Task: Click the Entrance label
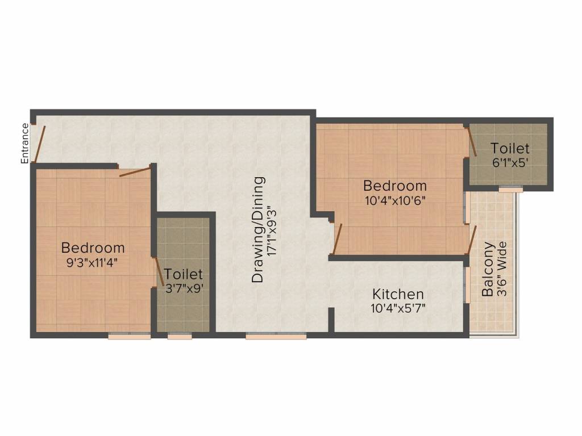pos(24,144)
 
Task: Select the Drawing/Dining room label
pos(258,229)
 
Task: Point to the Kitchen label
pos(398,294)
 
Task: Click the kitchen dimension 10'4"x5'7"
pos(398,308)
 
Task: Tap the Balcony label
pos(488,270)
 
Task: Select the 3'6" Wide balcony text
pos(501,270)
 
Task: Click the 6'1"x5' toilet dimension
pos(510,162)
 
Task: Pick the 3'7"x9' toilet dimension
pos(184,287)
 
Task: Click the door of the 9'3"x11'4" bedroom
pos(135,171)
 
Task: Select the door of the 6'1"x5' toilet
pos(472,142)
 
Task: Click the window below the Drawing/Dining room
pos(276,336)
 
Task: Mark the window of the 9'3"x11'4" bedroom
pos(129,336)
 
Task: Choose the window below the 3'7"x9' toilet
pos(179,336)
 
